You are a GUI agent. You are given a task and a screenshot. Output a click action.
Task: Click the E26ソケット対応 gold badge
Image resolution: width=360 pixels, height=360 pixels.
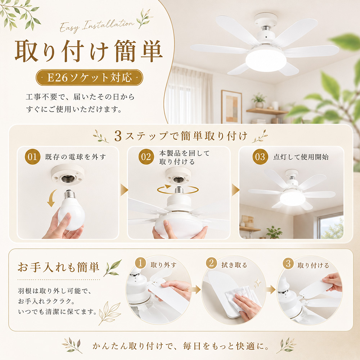89,78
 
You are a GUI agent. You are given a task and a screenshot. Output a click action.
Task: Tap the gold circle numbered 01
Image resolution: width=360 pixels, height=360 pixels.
32,157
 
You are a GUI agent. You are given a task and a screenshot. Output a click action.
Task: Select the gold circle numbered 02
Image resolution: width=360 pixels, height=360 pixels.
146,157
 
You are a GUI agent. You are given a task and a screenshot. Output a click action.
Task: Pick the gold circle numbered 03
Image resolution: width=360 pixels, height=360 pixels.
260,157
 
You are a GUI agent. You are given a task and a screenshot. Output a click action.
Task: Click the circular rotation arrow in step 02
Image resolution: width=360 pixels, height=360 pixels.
178,190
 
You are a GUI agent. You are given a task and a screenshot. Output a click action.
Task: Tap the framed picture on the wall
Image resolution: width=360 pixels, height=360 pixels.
231,107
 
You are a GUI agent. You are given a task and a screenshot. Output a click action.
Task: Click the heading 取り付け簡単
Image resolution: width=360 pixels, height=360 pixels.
89,51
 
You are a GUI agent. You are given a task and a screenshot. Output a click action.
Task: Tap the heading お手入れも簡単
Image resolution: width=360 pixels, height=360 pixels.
59,267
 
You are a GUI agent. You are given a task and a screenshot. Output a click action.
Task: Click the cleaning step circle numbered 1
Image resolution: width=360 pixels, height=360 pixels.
140,263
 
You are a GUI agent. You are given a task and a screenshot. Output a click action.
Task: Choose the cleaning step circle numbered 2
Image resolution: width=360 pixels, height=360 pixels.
211,263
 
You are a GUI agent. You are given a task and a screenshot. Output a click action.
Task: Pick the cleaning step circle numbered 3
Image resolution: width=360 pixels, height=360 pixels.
288,264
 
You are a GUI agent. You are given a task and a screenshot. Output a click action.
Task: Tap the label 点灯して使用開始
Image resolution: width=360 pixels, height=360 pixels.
301,157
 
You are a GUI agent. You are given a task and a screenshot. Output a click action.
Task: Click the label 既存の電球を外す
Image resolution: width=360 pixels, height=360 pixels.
76,157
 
